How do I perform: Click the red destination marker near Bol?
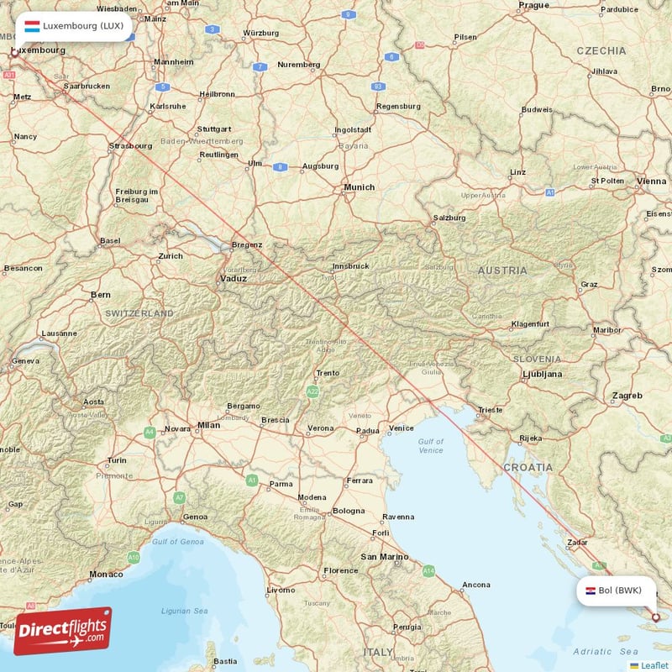point(656,618)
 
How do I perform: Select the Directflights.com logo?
point(62,631)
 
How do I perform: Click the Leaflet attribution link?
point(654,665)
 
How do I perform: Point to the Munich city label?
point(359,187)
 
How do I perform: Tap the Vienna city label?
point(651,181)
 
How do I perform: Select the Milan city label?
point(207,425)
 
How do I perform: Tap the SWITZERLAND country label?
point(139,313)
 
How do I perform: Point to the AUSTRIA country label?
point(502,270)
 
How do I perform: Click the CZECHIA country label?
point(601,50)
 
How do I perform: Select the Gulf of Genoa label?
point(179,542)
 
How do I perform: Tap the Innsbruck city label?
point(350,265)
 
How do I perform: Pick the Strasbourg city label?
point(130,145)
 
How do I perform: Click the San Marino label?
point(384,556)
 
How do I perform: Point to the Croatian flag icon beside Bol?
point(591,591)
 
